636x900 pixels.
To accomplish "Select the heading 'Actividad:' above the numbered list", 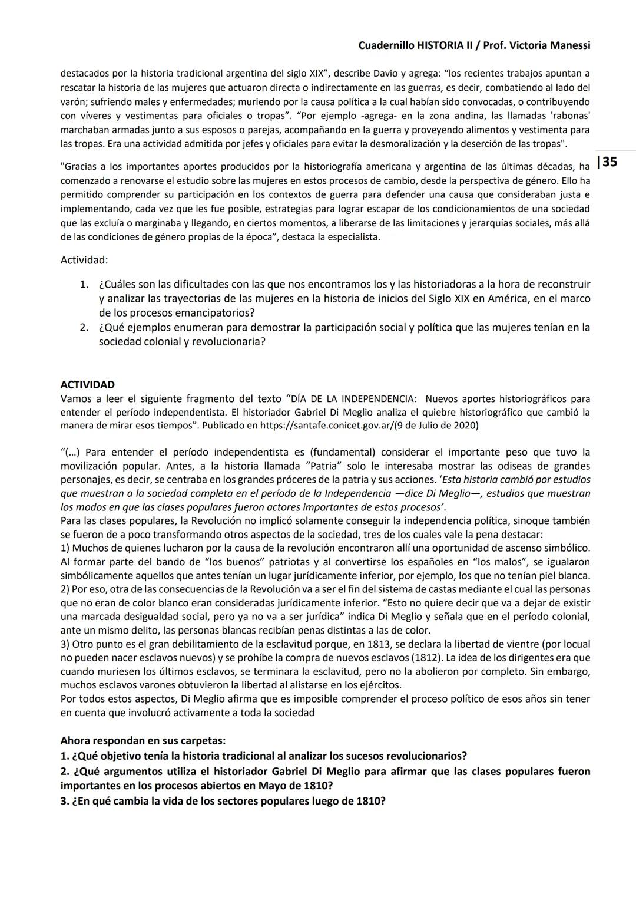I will click(84, 260).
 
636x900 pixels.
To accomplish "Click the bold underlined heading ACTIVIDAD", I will click(88, 385).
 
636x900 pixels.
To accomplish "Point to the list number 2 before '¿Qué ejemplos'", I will click(84, 327).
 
